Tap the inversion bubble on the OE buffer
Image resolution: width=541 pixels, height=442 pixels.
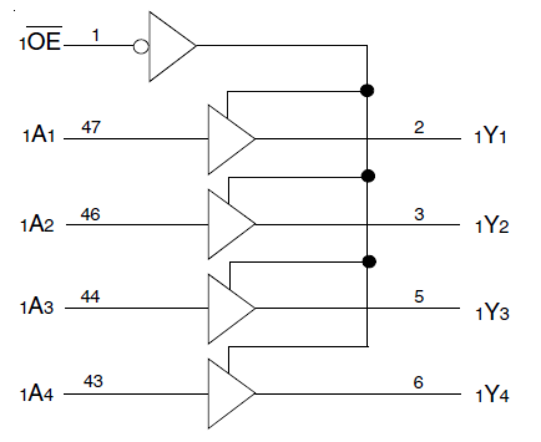[x=141, y=46]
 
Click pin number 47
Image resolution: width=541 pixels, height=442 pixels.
[x=91, y=127]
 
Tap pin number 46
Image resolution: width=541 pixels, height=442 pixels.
[x=90, y=214]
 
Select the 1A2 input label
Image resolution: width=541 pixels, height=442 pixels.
[x=37, y=225]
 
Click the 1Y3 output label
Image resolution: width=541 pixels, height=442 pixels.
[x=492, y=312]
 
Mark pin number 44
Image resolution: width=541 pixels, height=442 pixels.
[x=90, y=297]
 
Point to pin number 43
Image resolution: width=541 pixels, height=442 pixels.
[x=93, y=381]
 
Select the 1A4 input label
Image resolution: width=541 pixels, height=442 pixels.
[x=37, y=393]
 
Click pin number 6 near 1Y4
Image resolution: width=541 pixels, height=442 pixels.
[x=418, y=382]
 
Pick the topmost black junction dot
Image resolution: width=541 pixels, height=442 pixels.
[x=367, y=90]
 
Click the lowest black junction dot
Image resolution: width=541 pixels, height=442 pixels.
[x=369, y=261]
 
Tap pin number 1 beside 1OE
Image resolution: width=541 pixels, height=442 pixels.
[x=96, y=35]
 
